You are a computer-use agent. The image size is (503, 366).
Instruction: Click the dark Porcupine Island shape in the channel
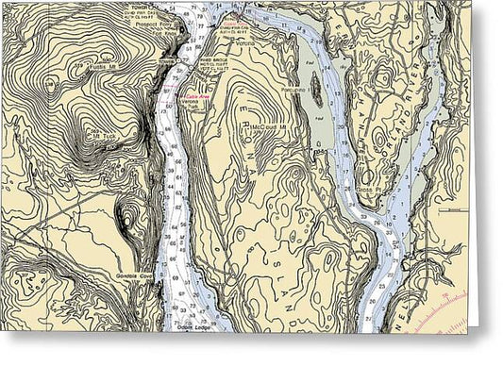(x=317, y=90)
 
